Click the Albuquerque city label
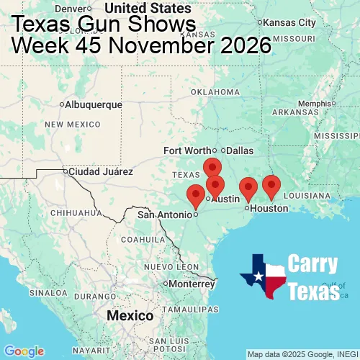coord(93,104)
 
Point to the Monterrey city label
coord(192,283)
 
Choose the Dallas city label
coord(240,150)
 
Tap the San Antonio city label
coord(166,214)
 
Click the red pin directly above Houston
coord(248,188)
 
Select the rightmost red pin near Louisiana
coord(271,186)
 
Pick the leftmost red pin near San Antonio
coord(195,195)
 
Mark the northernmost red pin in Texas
coord(212,168)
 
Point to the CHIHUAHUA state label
coord(71,213)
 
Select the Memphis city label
coord(318,103)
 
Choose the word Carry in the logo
coord(313,264)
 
